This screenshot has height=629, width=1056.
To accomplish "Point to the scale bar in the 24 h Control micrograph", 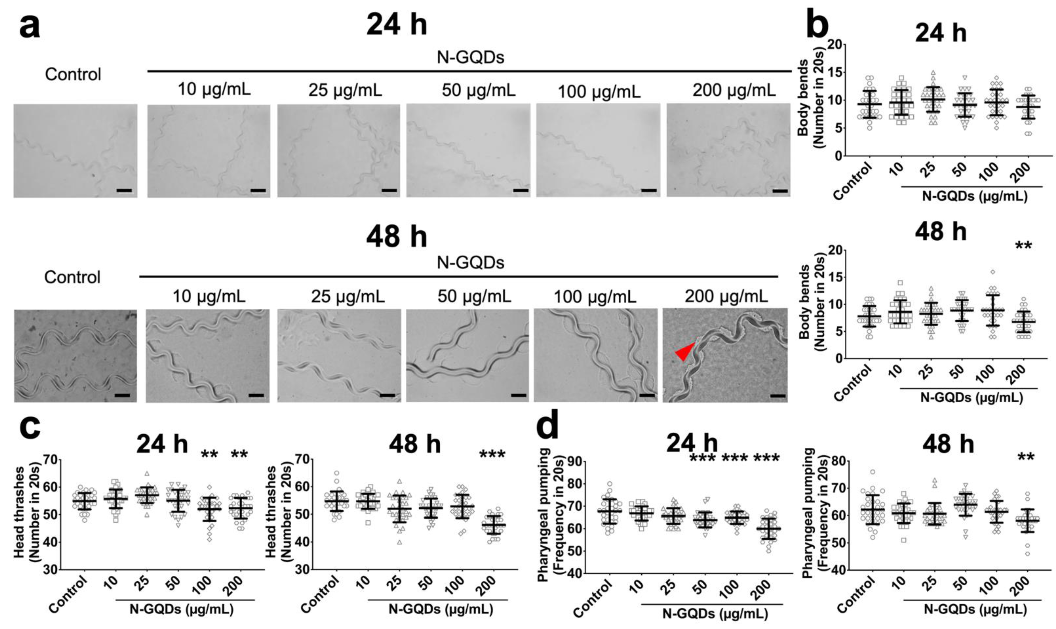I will [x=124, y=191].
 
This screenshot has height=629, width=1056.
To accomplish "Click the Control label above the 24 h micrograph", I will [x=73, y=74].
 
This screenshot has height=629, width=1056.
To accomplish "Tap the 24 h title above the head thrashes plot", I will [x=162, y=445].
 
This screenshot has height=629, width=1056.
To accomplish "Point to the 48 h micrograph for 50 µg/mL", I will [x=468, y=355].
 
